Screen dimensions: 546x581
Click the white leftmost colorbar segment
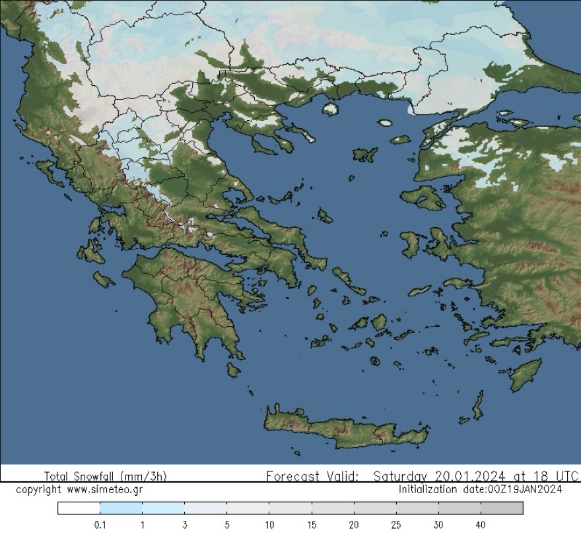tap(79, 508)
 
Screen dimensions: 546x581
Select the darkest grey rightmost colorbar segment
tap(502, 508)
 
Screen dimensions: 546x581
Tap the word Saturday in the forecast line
tap(401, 476)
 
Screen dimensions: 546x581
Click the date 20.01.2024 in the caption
tap(471, 476)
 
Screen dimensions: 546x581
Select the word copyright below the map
tap(38, 490)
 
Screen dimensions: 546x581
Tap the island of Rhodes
tap(526, 374)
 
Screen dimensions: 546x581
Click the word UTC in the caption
tap(566, 476)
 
